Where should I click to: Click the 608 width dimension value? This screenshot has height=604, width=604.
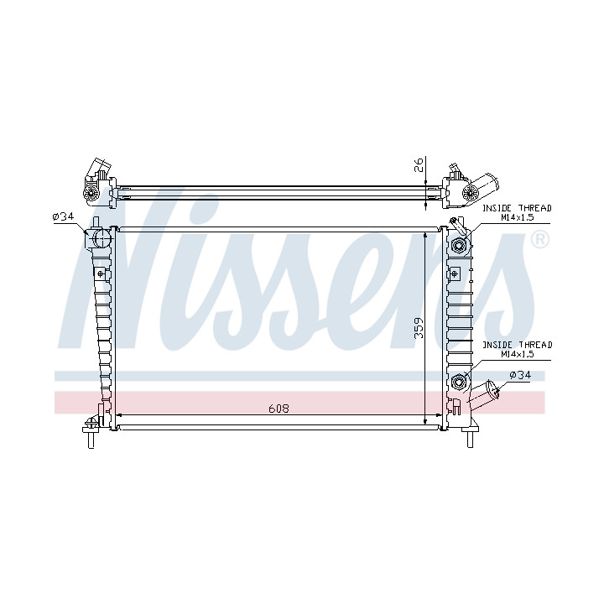point(279,409)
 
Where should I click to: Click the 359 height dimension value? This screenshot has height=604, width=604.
point(419,328)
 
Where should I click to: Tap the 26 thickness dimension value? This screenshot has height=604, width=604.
point(419,164)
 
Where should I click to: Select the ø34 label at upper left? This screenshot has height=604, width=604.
point(63,216)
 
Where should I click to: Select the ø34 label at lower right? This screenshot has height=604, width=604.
point(520,375)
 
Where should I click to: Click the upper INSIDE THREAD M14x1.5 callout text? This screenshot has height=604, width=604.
point(518,212)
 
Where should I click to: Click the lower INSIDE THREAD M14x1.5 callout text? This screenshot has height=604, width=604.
point(518,349)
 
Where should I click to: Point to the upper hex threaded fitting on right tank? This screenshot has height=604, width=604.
point(459,245)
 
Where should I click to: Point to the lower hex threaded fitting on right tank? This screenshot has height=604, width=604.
point(459,382)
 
